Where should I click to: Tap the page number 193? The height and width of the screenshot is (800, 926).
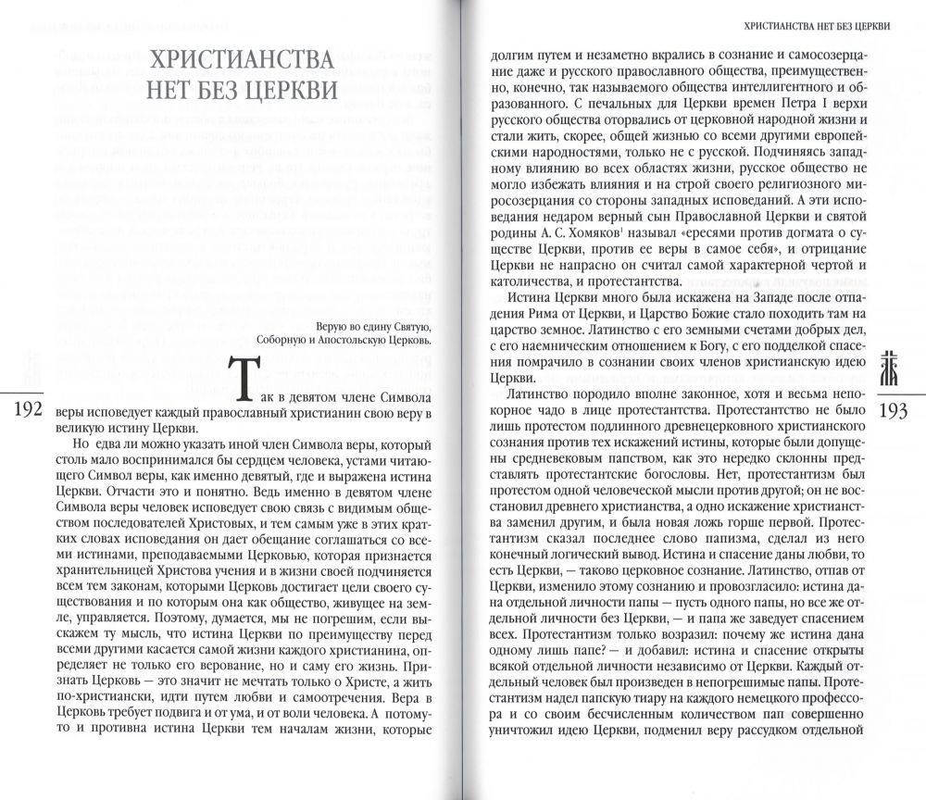click(895, 409)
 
